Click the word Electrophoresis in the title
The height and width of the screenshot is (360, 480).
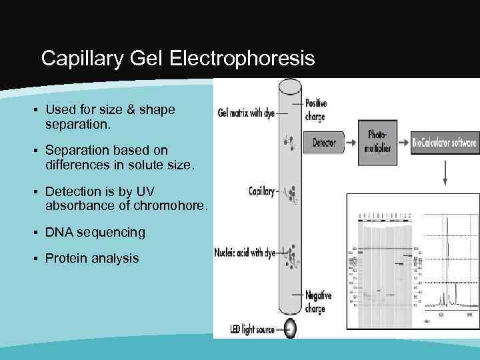pos(242,59)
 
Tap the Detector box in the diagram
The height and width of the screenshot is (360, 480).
pos(325,143)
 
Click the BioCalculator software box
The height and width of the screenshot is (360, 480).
pos(445,143)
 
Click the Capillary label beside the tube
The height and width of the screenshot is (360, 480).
pos(261,191)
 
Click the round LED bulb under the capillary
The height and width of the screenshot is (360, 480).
pos(291,328)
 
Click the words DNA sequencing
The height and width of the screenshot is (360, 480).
pos(95,232)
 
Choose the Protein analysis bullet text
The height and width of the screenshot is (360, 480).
pos(92,257)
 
